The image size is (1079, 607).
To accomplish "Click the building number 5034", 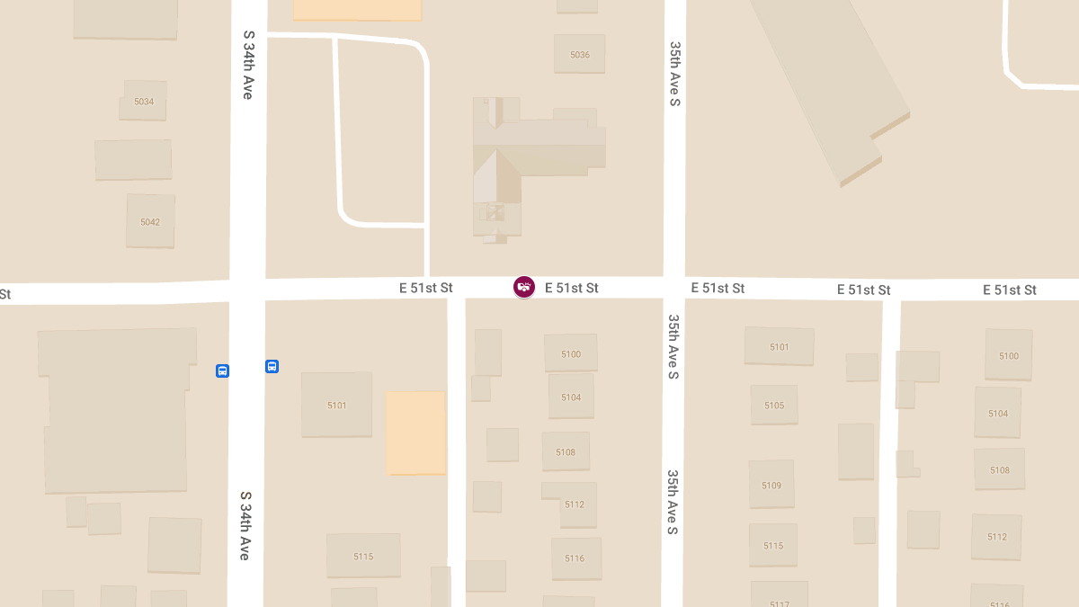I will pyautogui.click(x=144, y=102).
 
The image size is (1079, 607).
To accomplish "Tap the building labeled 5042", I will pyautogui.click(x=150, y=221).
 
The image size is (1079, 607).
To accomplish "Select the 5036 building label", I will pyautogui.click(x=580, y=55).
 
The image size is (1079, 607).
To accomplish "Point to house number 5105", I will pyautogui.click(x=774, y=406).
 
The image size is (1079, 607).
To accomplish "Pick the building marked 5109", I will pyautogui.click(x=771, y=486).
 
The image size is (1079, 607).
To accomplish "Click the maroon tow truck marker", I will pyautogui.click(x=524, y=287).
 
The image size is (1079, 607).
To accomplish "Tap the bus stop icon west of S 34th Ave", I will pyautogui.click(x=222, y=370).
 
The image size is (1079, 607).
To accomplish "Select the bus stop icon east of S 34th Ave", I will pyautogui.click(x=272, y=366).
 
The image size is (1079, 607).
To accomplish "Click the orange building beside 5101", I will pyautogui.click(x=415, y=433).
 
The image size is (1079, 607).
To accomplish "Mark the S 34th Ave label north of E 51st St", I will pyautogui.click(x=248, y=65).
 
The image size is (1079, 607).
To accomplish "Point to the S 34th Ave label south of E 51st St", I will pyautogui.click(x=245, y=525).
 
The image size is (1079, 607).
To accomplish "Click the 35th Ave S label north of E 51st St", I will pyautogui.click(x=674, y=73).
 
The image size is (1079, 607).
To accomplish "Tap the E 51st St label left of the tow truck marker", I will pyautogui.click(x=426, y=288).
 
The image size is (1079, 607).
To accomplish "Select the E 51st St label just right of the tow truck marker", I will pyautogui.click(x=572, y=288).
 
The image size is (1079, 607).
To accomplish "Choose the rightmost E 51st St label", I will pyautogui.click(x=1010, y=290).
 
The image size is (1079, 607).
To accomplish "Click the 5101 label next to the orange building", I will pyautogui.click(x=336, y=406).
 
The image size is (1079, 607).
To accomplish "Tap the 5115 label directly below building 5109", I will pyautogui.click(x=773, y=546).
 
